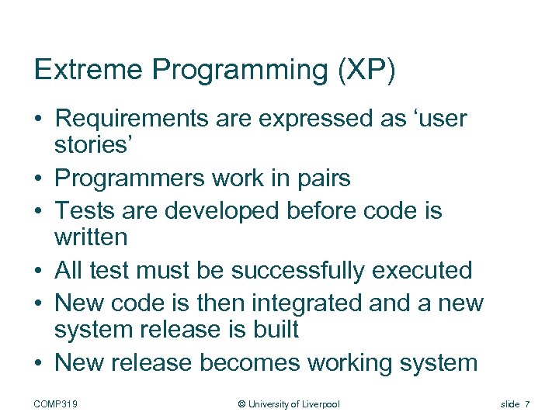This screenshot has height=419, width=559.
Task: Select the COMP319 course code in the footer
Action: coord(61,404)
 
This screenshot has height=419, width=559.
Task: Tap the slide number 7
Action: coord(527,404)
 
